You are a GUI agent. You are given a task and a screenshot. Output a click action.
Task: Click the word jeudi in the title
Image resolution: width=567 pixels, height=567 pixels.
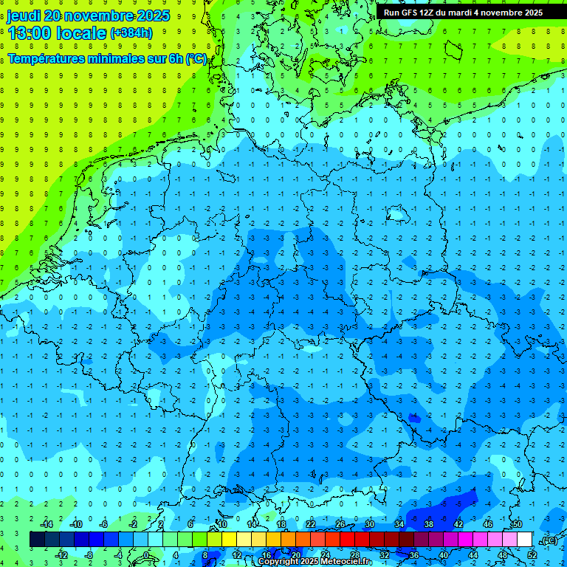pyautogui.click(x=24, y=16)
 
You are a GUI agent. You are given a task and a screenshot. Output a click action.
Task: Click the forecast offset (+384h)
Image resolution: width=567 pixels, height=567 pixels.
pyautogui.click(x=131, y=33)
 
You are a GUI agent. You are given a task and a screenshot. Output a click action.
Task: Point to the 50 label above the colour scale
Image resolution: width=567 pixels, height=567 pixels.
pyautogui.click(x=517, y=524)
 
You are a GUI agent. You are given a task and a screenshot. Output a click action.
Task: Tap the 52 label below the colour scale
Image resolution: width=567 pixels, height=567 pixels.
pyautogui.click(x=532, y=555)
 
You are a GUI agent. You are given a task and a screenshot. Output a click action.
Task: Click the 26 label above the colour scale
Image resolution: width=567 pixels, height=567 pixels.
pyautogui.click(x=340, y=524)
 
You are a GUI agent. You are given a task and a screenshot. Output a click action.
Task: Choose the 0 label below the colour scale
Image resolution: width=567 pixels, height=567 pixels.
pyautogui.click(x=146, y=555)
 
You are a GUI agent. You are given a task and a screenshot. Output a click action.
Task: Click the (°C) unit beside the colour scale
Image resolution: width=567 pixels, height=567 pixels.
pyautogui.click(x=548, y=540)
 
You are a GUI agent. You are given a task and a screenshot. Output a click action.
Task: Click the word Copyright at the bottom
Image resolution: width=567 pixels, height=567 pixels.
pyautogui.click(x=278, y=562)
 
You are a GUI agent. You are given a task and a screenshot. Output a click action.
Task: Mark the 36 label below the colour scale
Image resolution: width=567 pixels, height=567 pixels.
pyautogui.click(x=414, y=555)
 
